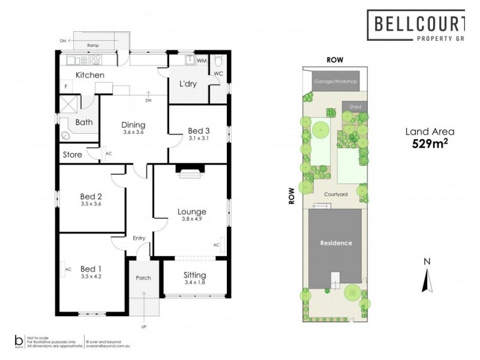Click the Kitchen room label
[x=90, y=75]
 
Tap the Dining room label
[x=134, y=125]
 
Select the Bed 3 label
[x=198, y=130]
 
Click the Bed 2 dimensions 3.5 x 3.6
[x=92, y=204]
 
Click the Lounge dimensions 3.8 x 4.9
[x=191, y=220]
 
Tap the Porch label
[x=144, y=277]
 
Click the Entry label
[x=139, y=238]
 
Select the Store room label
[x=73, y=155]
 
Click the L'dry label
[x=188, y=84]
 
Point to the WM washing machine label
[x=202, y=61]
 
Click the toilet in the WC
[x=218, y=61]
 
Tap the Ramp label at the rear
[x=92, y=45]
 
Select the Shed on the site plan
[x=352, y=106]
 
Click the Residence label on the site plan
[x=335, y=243]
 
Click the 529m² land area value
[x=430, y=143]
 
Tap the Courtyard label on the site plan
[x=336, y=194]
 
